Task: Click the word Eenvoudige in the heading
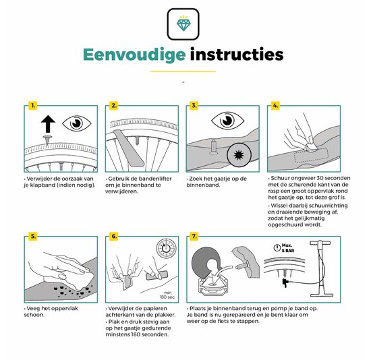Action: [x=132, y=54]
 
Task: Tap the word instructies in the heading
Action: [x=236, y=54]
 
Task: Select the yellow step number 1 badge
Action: [x=32, y=105]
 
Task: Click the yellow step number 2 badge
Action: [x=114, y=105]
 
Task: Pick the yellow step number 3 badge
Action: [x=194, y=105]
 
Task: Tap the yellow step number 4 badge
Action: [x=275, y=105]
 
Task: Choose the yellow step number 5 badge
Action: [x=32, y=237]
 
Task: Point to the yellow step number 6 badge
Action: [x=114, y=237]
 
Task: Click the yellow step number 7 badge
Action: [x=194, y=237]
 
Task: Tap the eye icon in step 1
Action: [x=76, y=123]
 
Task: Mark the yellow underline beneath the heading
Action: [x=183, y=71]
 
